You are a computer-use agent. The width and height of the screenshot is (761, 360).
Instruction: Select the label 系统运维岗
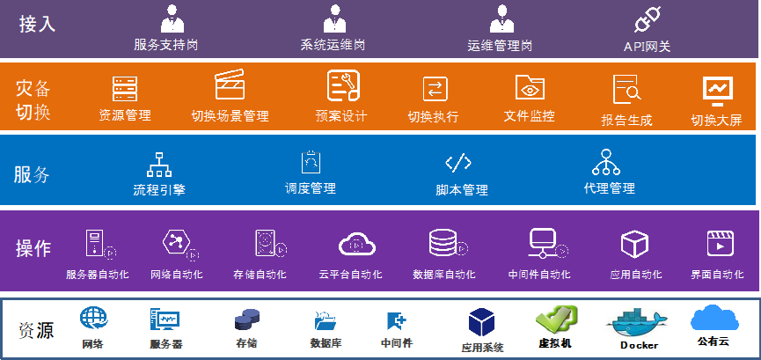coord(333,44)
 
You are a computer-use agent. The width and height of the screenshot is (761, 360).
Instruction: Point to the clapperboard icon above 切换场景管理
coord(229,85)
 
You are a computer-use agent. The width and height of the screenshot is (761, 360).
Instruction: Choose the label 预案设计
coord(340,116)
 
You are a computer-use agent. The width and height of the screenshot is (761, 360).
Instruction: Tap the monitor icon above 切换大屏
coord(717,90)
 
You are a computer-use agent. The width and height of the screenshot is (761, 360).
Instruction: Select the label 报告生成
coord(626,120)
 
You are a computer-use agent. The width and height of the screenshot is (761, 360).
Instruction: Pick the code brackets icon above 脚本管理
coord(458,163)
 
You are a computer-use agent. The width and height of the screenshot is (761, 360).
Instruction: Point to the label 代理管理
coord(609,187)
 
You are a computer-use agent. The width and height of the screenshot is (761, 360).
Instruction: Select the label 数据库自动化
coord(445,275)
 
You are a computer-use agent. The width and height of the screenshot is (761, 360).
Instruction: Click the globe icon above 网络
coord(92,318)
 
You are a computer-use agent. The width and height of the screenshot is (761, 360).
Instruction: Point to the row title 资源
coord(36,330)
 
